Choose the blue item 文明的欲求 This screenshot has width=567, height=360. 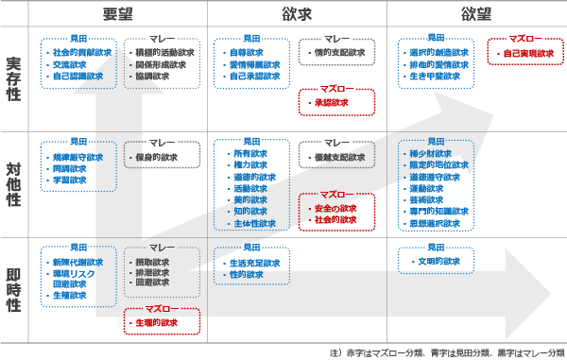(439, 261)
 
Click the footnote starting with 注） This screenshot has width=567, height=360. (446, 351)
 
